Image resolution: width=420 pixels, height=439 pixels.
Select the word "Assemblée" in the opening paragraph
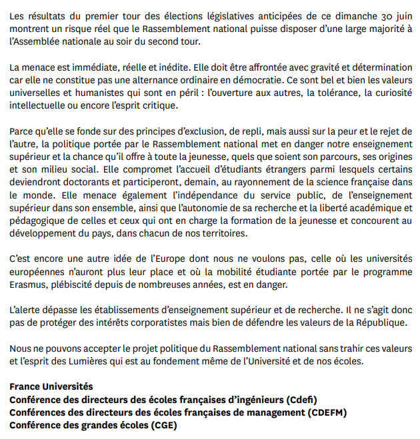pos(41,42)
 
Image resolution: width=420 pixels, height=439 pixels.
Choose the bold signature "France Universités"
pos(51,387)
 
